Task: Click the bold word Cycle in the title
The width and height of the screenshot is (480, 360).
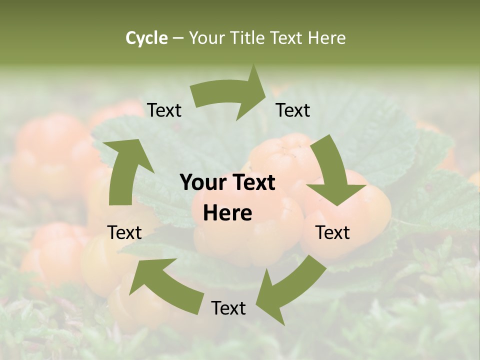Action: pyautogui.click(x=146, y=38)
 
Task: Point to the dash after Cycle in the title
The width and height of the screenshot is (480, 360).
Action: pyautogui.click(x=177, y=38)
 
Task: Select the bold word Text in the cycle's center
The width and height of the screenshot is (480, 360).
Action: pyautogui.click(x=252, y=182)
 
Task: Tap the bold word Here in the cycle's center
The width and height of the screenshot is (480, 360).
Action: pyautogui.click(x=227, y=213)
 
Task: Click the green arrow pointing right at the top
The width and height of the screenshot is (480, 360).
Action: pyautogui.click(x=230, y=95)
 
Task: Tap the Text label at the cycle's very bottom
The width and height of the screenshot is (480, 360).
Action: pyautogui.click(x=228, y=308)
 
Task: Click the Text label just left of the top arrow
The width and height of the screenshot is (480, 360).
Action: pyautogui.click(x=164, y=110)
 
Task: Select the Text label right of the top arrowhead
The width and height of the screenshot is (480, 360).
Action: pyautogui.click(x=293, y=110)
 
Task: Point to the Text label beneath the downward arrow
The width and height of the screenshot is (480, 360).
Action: pyautogui.click(x=332, y=232)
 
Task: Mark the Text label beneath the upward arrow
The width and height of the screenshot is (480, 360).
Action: pyautogui.click(x=124, y=232)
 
